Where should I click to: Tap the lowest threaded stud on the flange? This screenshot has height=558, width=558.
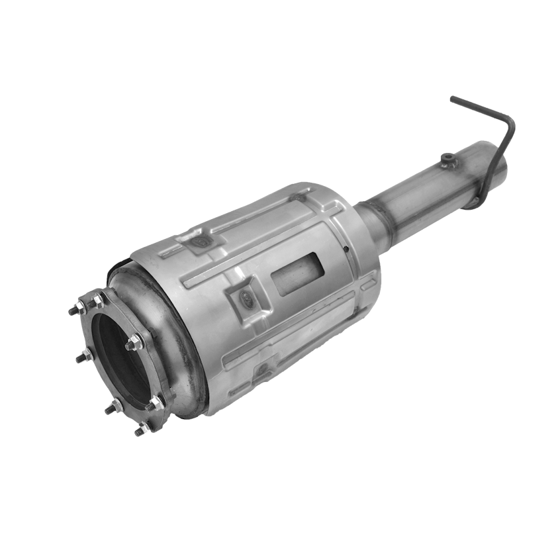140,431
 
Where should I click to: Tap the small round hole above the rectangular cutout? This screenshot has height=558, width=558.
346,250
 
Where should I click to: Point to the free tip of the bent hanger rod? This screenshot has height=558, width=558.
452,99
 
